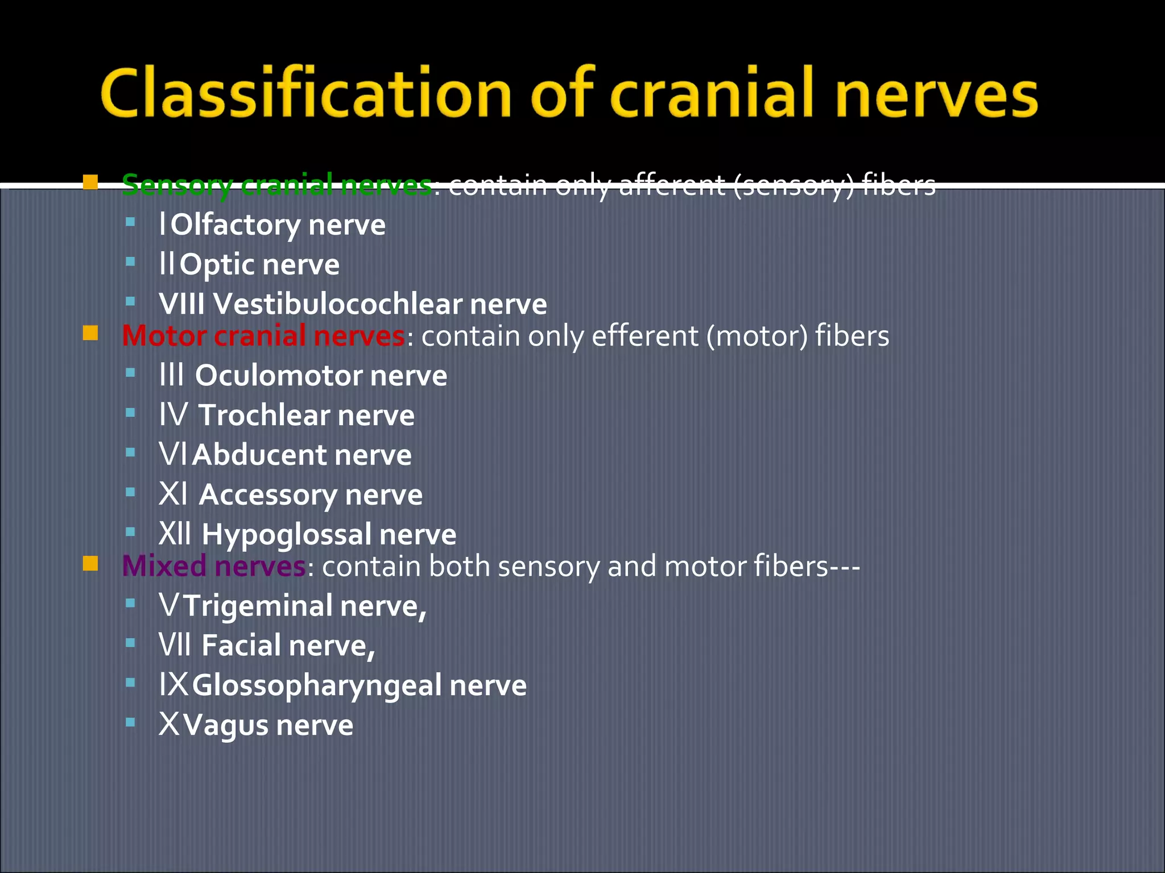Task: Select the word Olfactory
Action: pyautogui.click(x=236, y=225)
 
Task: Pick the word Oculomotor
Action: pyautogui.click(x=278, y=376)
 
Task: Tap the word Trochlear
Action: pyautogui.click(x=264, y=415)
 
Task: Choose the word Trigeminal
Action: pyautogui.click(x=258, y=606)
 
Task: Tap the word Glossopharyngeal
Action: pyautogui.click(x=317, y=685)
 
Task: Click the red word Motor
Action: pyautogui.click(x=164, y=336)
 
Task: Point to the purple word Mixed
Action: pyautogui.click(x=164, y=566)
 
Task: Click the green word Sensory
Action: pyautogui.click(x=177, y=185)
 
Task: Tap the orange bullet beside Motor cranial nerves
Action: pyautogui.click(x=90, y=333)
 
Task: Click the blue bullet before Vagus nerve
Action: pyautogui.click(x=130, y=722)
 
